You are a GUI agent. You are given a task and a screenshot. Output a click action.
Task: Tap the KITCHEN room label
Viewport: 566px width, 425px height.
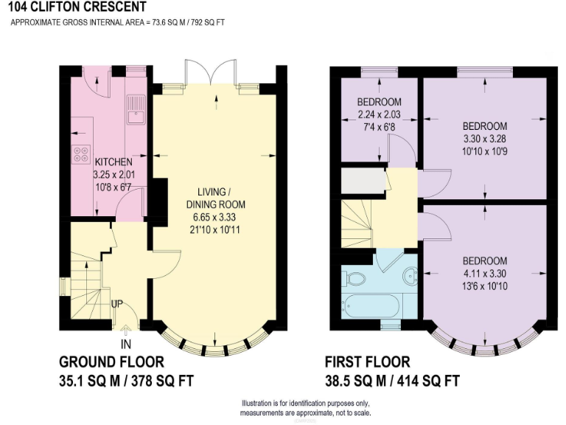click(113, 162)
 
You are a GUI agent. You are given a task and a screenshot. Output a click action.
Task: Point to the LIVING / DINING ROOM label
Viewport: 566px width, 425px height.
click(215, 198)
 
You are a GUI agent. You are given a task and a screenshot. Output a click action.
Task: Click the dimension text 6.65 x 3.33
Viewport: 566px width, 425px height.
click(215, 218)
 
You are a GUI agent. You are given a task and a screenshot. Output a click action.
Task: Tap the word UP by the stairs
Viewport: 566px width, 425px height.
click(116, 303)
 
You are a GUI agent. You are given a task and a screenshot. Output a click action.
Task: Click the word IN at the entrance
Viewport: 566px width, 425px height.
click(127, 344)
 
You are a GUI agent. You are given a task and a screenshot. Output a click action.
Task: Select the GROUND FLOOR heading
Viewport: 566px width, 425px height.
click(111, 362)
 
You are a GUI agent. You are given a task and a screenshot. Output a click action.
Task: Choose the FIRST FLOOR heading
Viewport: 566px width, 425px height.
click(367, 362)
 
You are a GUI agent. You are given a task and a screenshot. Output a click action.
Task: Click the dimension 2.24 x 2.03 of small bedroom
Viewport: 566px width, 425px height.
click(379, 114)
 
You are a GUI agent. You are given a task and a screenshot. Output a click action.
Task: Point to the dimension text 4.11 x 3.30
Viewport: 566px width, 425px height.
click(484, 274)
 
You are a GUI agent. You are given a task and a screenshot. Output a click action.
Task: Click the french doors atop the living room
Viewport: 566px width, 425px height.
click(211, 74)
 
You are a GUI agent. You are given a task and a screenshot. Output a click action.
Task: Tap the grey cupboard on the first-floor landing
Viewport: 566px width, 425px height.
click(363, 180)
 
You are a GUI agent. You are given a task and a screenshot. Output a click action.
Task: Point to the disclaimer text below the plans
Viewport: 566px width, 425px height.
click(306, 408)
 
